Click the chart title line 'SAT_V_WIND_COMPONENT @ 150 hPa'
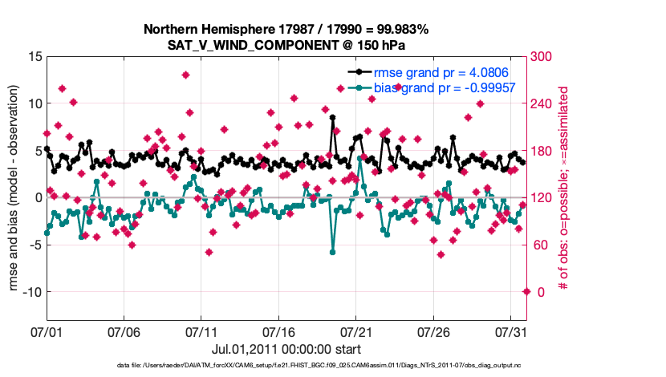click(286, 44)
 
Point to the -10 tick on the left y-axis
click(30, 292)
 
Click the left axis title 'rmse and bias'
click(15, 189)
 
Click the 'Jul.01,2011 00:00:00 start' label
click(286, 349)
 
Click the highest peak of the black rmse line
click(332, 117)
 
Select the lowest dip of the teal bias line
click(332, 252)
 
